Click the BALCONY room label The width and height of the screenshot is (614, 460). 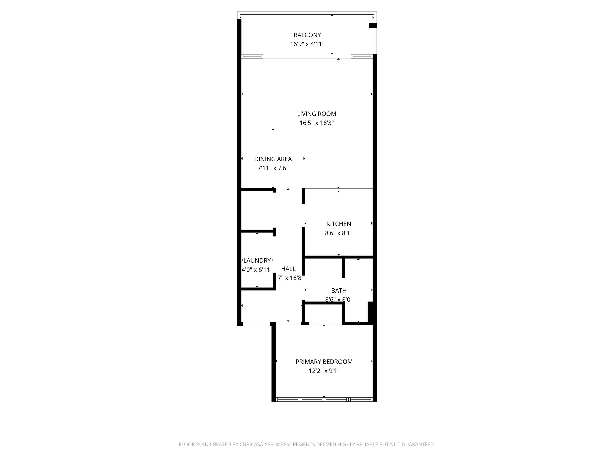pyautogui.click(x=307, y=35)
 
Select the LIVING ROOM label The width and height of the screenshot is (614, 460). pyautogui.click(x=316, y=114)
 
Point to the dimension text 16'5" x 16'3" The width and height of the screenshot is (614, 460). pyautogui.click(x=316, y=123)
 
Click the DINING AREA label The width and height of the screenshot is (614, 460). pyautogui.click(x=273, y=159)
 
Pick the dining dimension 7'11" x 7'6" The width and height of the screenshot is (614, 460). pyautogui.click(x=273, y=168)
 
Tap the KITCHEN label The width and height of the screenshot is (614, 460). pyautogui.click(x=339, y=224)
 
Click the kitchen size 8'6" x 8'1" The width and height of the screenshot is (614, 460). pyautogui.click(x=339, y=233)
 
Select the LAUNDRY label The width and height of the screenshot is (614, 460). pyautogui.click(x=257, y=261)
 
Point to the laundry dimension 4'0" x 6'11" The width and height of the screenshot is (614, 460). pyautogui.click(x=257, y=270)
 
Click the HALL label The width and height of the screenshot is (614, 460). pyautogui.click(x=288, y=269)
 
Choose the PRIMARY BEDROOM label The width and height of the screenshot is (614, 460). pyautogui.click(x=324, y=362)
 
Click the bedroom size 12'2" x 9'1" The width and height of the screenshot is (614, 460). pyautogui.click(x=324, y=371)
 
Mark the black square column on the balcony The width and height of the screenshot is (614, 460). pyautogui.click(x=373, y=26)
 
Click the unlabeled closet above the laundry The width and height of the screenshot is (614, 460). pyautogui.click(x=257, y=210)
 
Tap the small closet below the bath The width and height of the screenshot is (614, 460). pyautogui.click(x=324, y=314)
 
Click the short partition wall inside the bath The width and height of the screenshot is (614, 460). pyautogui.click(x=344, y=268)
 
